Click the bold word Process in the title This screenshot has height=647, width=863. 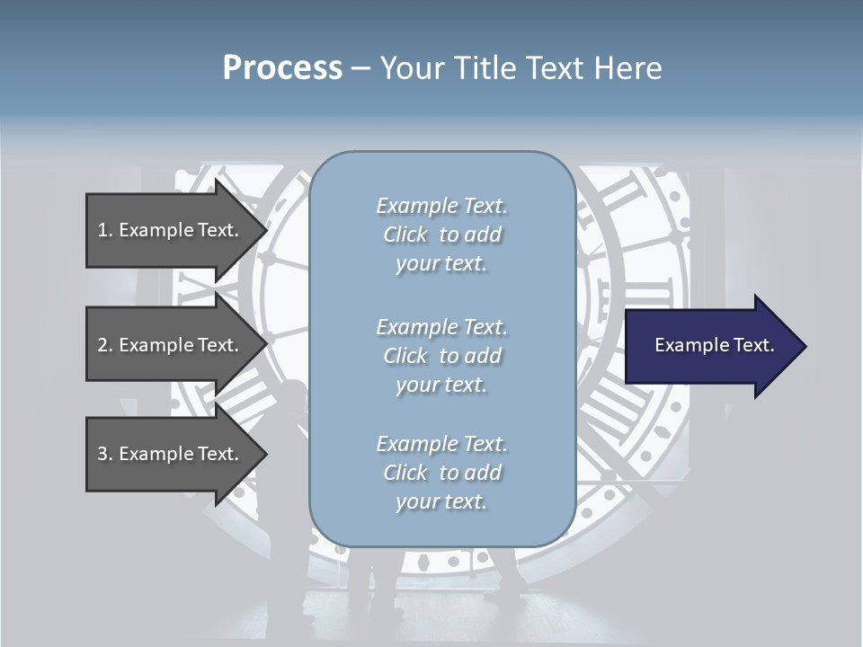coord(282,67)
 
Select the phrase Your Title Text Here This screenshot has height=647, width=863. coord(520,68)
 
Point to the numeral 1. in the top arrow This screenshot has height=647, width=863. coord(104,230)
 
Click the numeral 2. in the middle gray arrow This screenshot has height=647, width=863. coord(104,345)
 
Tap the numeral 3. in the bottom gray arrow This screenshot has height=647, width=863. coord(104,454)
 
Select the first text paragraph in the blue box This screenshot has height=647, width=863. coord(441,235)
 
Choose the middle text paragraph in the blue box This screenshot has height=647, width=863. coord(441,356)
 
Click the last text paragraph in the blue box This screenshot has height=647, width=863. coord(441,473)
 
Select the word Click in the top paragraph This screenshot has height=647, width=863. coord(405,235)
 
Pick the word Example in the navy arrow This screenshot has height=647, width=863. coord(693,345)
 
